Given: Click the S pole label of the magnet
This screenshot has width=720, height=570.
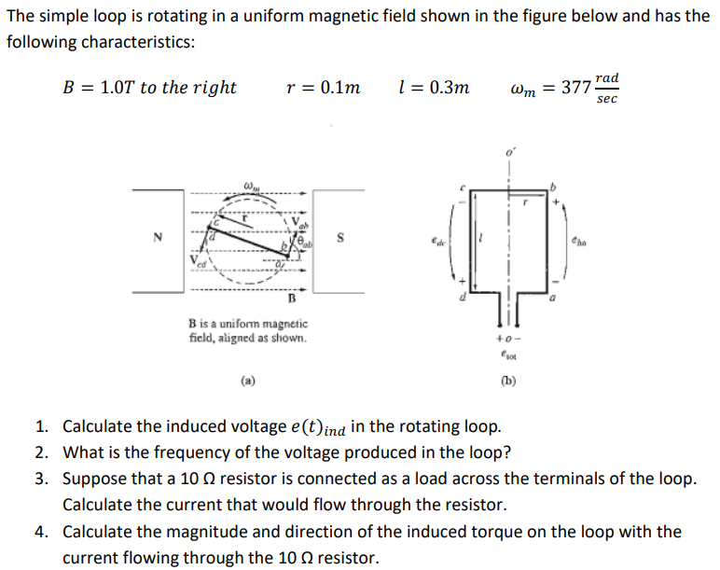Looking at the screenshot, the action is coord(341,237).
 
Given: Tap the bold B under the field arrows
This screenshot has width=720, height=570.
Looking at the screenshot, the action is coord(291,299).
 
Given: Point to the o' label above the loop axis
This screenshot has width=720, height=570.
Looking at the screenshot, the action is coord(510,151).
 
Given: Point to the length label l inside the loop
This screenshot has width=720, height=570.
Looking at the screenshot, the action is coord(480,239).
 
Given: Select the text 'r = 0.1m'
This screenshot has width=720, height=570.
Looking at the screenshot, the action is coord(323,89).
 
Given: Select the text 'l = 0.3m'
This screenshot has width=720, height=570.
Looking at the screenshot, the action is coord(432,89).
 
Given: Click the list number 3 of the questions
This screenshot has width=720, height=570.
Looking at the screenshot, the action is coord(41,480).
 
